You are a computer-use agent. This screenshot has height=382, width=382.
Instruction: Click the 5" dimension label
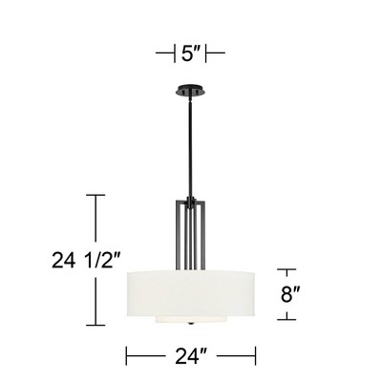pos(190,53)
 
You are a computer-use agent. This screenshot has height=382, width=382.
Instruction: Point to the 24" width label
pos(191,357)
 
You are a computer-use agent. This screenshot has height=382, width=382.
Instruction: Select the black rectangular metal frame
pos(190,234)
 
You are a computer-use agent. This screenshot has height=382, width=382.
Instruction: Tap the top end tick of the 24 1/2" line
pos(95,195)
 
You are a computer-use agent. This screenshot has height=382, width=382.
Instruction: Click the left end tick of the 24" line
pos(127,356)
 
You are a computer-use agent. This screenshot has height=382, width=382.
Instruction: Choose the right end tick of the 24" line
pos(255,356)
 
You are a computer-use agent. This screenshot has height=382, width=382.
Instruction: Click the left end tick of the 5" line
pos(159,53)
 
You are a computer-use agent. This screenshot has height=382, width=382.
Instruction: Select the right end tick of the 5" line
pos(223,53)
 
